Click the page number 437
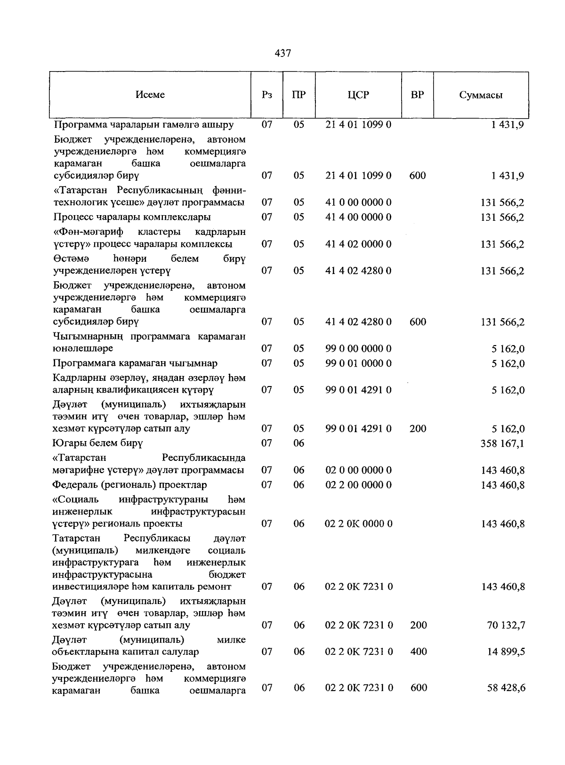pyautogui.click(x=282, y=53)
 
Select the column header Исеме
pyautogui.click(x=150, y=95)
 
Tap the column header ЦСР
pyautogui.click(x=358, y=95)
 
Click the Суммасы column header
pyautogui.click(x=481, y=95)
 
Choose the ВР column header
pyautogui.click(x=417, y=95)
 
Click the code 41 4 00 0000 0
pyautogui.click(x=358, y=217)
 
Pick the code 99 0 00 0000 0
pyautogui.click(x=358, y=349)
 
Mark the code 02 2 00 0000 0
pyautogui.click(x=358, y=485)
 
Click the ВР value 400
pyautogui.click(x=418, y=652)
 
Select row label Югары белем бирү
pyautogui.click(x=98, y=443)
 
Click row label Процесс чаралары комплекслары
pyautogui.click(x=132, y=217)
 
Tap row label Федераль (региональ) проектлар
pyautogui.click(x=130, y=485)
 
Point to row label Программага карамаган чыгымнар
pyautogui.click(x=135, y=363)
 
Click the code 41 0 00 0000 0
pyautogui.click(x=358, y=202)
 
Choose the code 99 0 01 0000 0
pyautogui.click(x=358, y=363)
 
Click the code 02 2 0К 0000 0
pyautogui.click(x=359, y=524)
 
